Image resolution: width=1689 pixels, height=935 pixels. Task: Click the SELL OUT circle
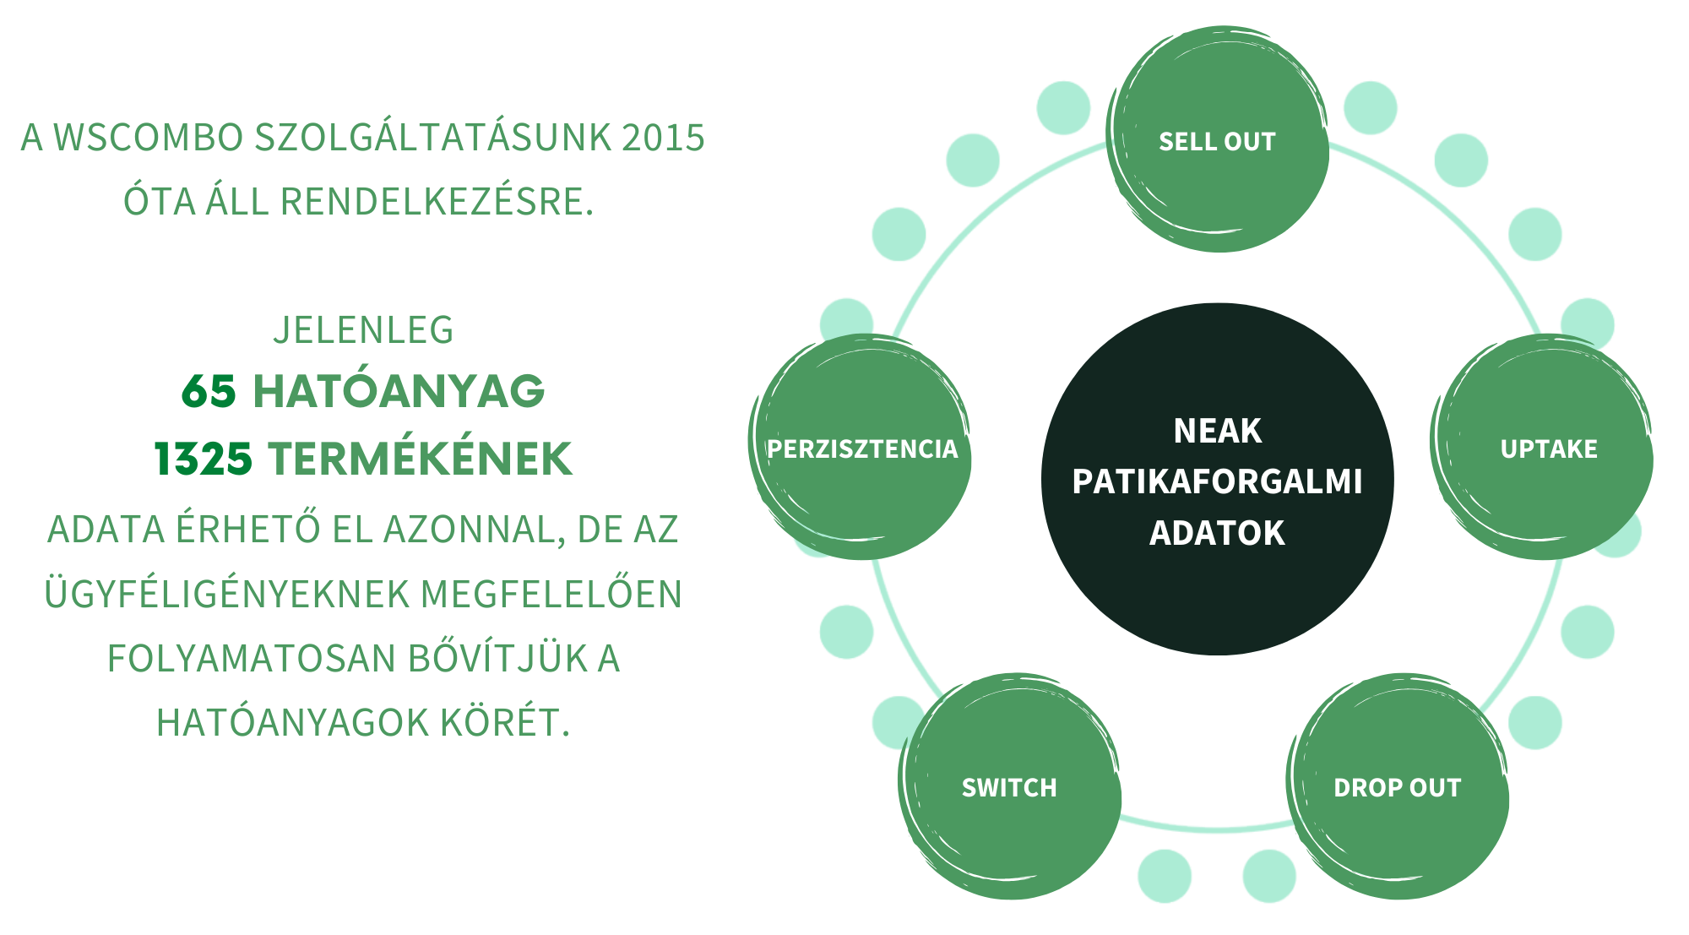(x=1217, y=140)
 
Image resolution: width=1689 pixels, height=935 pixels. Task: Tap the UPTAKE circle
(x=1548, y=448)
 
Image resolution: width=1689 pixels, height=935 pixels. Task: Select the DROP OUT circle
(x=1397, y=787)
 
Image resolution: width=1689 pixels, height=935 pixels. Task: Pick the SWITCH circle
(x=1009, y=787)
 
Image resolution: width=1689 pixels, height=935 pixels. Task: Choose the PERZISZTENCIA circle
(x=861, y=448)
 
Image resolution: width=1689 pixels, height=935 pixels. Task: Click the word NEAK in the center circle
(x=1217, y=431)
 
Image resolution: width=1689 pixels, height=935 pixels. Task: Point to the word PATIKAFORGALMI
(x=1217, y=481)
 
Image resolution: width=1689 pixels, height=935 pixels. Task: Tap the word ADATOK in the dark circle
(x=1217, y=533)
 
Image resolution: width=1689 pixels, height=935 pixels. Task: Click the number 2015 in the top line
(x=663, y=138)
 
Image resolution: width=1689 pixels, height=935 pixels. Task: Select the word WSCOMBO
(x=149, y=138)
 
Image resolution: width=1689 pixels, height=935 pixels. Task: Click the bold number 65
(x=209, y=391)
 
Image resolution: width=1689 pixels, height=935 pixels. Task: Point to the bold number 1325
(x=204, y=459)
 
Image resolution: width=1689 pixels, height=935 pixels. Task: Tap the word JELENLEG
(x=363, y=329)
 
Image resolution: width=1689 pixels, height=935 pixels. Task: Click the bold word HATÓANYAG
(x=399, y=391)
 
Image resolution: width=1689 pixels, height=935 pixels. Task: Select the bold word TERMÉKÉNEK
(x=421, y=459)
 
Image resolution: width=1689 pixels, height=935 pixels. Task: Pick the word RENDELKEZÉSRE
(x=437, y=202)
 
